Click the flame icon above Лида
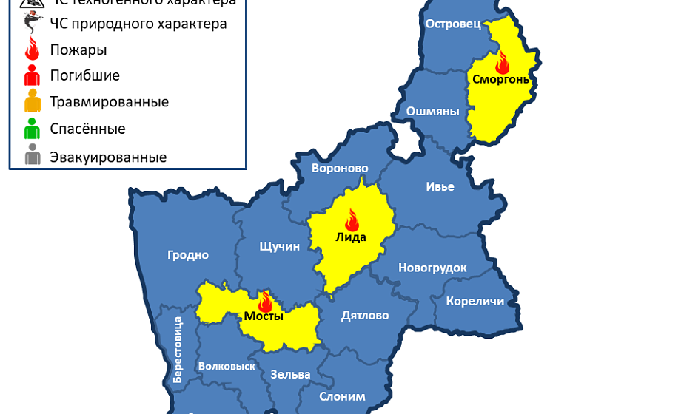tap(352, 220)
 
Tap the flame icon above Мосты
tap(265, 301)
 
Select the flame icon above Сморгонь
tap(502, 62)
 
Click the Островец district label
tap(453, 24)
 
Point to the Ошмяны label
tap(433, 112)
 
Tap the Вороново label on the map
tap(340, 168)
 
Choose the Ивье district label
tap(440, 186)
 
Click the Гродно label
tap(188, 255)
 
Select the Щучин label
tap(280, 246)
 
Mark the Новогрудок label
tap(432, 268)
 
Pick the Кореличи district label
tap(475, 301)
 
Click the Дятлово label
tap(365, 316)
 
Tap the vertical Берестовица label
tap(178, 349)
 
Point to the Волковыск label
tap(227, 366)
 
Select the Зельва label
tap(290, 374)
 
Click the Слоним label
tap(342, 396)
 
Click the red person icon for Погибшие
tap(32, 75)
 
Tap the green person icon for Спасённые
tap(32, 129)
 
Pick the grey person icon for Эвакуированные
tap(32, 157)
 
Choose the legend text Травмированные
tap(109, 102)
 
